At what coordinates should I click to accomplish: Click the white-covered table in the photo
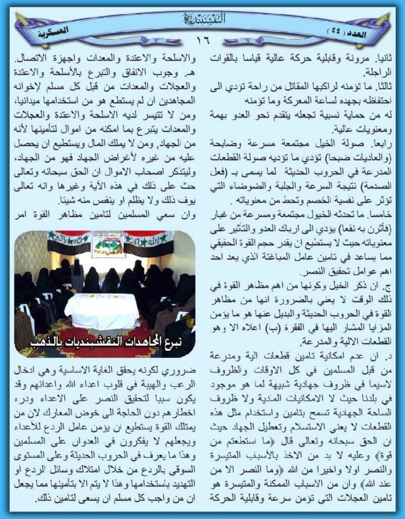[102, 311]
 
